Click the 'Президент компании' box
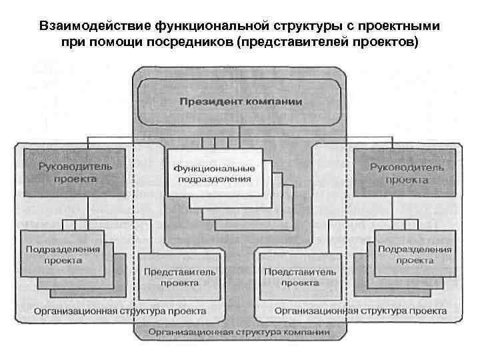(x=240, y=103)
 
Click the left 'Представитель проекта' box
(x=171, y=276)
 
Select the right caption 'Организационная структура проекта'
(x=361, y=311)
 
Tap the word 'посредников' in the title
(x=190, y=43)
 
